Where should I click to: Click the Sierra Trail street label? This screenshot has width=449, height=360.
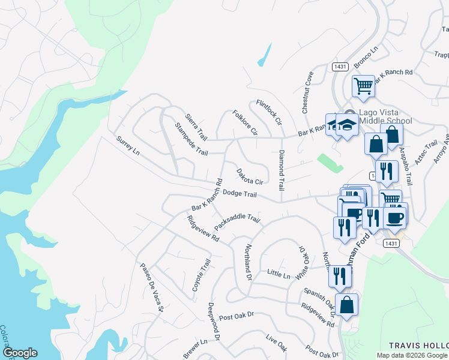196,125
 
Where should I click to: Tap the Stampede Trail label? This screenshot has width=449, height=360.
191,140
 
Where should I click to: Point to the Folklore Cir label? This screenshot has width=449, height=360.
245,122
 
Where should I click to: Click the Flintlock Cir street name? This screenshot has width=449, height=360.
268,112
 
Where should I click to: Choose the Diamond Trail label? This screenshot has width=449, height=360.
280,170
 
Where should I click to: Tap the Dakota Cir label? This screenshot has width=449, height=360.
250,176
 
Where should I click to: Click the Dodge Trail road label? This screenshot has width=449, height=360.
240,194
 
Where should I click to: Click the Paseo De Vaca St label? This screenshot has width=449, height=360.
152,288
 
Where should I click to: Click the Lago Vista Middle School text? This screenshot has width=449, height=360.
385,116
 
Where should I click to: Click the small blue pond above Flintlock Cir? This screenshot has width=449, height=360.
264,55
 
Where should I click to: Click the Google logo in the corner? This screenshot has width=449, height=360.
20,353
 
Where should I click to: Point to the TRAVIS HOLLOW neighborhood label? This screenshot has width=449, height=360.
418,346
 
